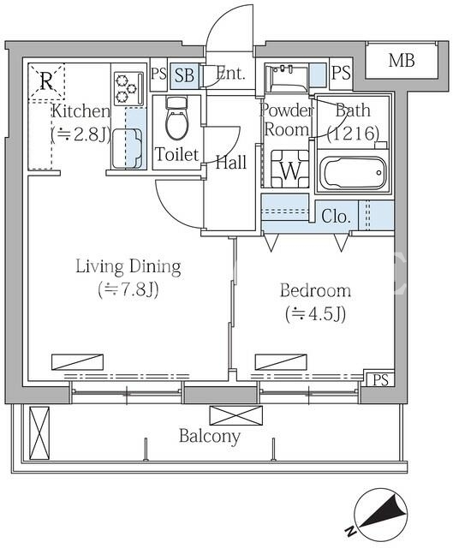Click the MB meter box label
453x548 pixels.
point(402,61)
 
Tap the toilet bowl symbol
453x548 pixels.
point(176,119)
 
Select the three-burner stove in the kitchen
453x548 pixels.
point(128,88)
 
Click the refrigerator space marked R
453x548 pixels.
point(46,81)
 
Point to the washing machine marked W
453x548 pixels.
point(289,169)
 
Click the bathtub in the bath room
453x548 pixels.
point(353,172)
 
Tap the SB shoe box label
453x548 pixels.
point(184,75)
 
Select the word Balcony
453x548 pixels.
point(210,437)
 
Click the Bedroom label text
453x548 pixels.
point(315,290)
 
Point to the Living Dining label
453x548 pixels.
point(128,266)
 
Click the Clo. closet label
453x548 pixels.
point(336,217)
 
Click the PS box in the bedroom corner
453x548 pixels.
point(380,380)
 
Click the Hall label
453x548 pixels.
point(230,163)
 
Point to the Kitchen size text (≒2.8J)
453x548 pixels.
point(80,134)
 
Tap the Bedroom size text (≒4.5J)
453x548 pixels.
point(316,313)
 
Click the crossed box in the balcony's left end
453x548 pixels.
point(39,432)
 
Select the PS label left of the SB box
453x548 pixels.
point(158,74)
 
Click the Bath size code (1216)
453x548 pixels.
point(353,134)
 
